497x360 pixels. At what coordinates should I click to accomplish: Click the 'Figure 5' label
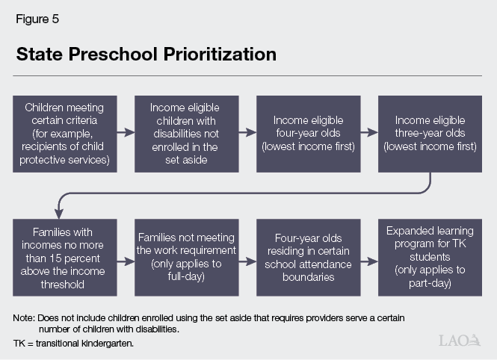[37, 19]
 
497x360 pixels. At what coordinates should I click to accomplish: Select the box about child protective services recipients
[64, 133]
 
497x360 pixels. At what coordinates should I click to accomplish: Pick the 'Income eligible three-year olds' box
[429, 133]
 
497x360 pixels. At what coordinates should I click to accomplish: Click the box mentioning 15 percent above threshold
[64, 257]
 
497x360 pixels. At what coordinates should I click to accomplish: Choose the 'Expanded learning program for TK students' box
[429, 257]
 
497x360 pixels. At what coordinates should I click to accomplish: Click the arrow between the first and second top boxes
[125, 133]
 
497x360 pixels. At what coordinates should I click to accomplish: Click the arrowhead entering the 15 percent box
[63, 214]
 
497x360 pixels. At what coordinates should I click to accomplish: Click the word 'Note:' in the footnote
[24, 319]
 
